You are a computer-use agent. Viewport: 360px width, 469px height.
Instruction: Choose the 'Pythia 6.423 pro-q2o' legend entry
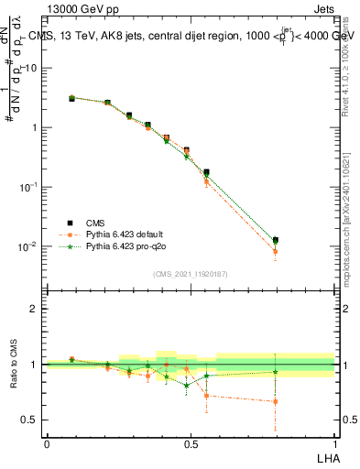pos(128,246)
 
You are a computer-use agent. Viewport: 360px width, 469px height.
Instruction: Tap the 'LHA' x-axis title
pos(326,457)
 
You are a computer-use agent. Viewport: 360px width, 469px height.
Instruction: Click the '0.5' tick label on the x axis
pos(191,443)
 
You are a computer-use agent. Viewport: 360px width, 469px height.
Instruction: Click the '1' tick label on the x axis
pos(334,443)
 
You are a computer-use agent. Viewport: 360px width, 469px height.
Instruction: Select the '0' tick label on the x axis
pos(47,443)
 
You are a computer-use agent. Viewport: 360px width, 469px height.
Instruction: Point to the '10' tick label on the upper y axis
pos(31,68)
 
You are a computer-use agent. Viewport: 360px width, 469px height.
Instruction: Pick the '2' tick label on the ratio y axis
pos(33,309)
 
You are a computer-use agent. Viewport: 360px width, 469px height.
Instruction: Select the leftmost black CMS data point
pos(71,98)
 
